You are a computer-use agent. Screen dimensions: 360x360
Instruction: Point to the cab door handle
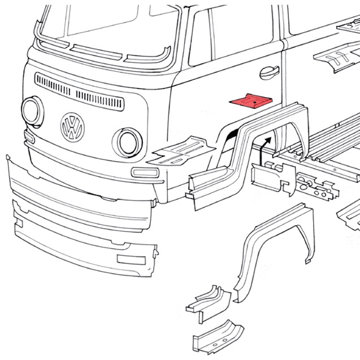point(268,72)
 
